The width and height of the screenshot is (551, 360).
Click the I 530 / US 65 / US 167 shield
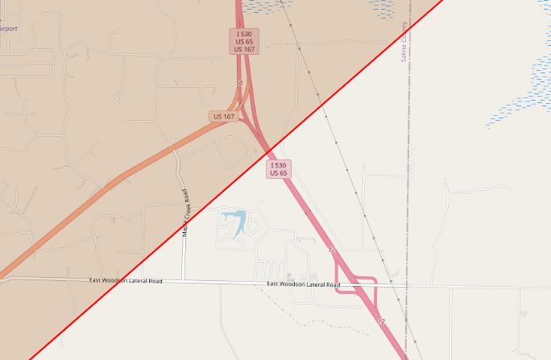click(x=245, y=41)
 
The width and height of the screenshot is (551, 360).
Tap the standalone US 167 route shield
click(x=224, y=117)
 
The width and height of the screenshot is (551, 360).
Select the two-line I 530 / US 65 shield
click(x=279, y=168)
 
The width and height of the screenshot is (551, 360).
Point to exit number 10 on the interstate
click(x=239, y=84)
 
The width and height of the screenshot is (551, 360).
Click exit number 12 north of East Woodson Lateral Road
click(x=331, y=250)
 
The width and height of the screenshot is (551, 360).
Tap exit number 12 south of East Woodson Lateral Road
click(x=381, y=321)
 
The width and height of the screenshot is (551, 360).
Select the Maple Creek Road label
click(x=186, y=213)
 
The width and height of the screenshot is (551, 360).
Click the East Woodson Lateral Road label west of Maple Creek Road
click(x=126, y=281)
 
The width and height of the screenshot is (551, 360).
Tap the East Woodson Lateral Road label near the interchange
click(x=304, y=284)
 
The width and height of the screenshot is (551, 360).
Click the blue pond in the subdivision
click(x=233, y=217)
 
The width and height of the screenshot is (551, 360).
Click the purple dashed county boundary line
click(x=408, y=201)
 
